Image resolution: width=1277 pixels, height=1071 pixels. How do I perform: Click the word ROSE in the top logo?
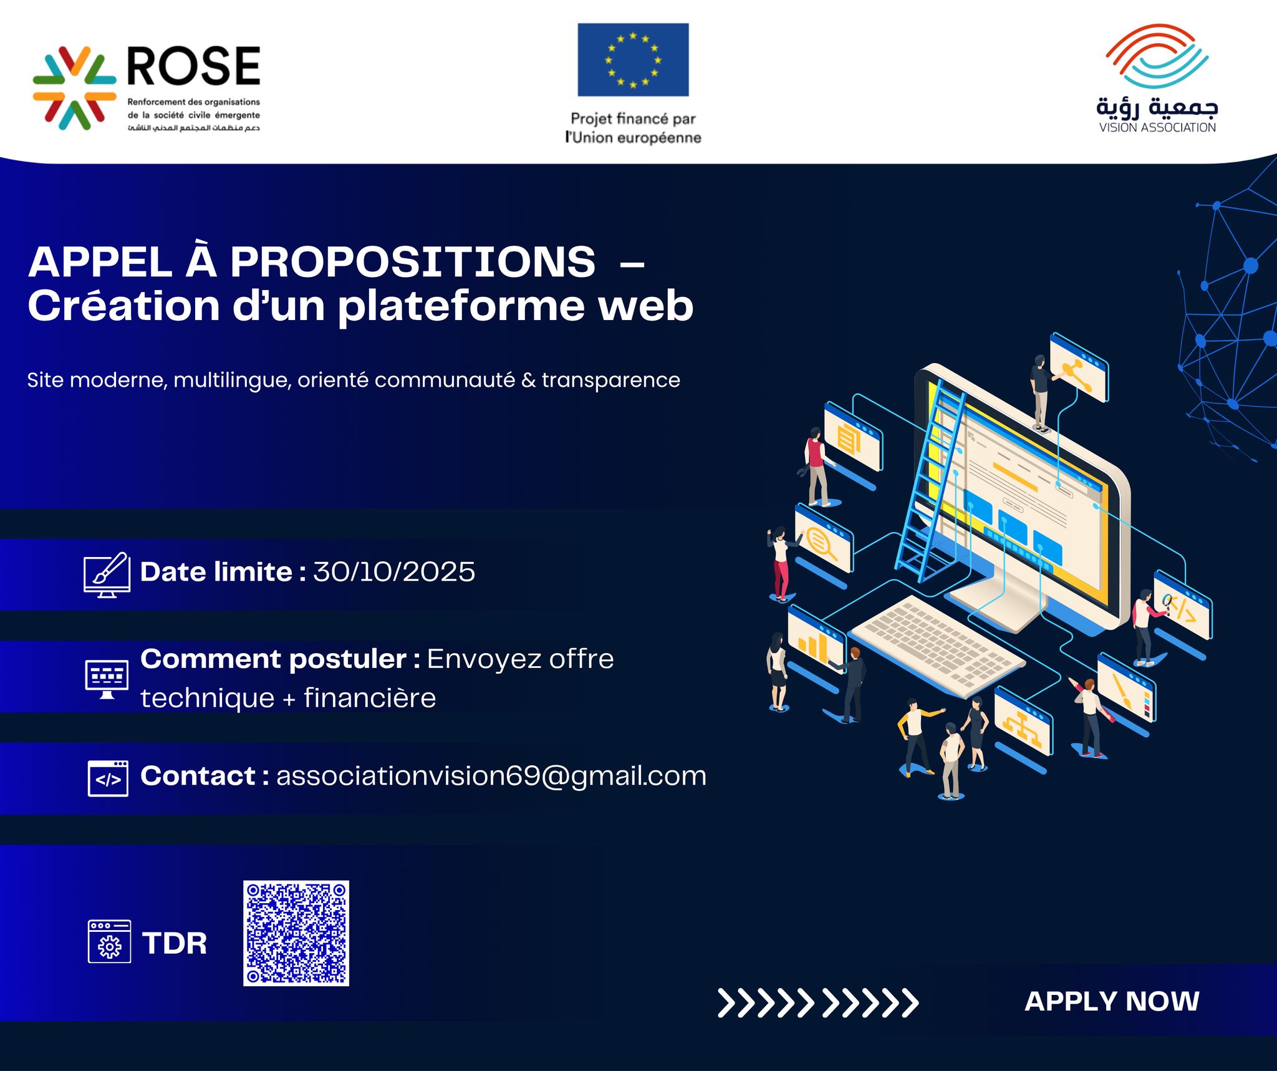(x=194, y=65)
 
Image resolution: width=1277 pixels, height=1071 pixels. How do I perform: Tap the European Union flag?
(x=633, y=60)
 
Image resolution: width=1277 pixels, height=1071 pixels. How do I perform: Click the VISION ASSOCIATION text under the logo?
(x=1157, y=128)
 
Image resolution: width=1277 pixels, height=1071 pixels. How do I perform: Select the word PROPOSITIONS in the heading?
(x=412, y=262)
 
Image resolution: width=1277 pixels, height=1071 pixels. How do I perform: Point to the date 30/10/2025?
(x=394, y=572)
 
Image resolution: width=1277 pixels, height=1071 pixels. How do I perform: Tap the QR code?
(x=296, y=933)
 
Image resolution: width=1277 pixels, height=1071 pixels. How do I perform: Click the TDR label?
(x=175, y=943)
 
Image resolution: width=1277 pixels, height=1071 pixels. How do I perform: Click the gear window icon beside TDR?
(x=109, y=941)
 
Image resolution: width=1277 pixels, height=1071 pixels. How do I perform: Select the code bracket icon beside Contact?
(x=108, y=778)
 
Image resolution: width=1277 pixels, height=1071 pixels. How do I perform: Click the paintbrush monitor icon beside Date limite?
(x=107, y=574)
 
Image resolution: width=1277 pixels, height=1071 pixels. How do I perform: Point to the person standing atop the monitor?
(x=1039, y=392)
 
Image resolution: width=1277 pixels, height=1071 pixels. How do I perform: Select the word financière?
(x=370, y=698)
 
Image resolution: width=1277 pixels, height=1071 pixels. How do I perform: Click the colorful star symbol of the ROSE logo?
(x=75, y=88)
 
